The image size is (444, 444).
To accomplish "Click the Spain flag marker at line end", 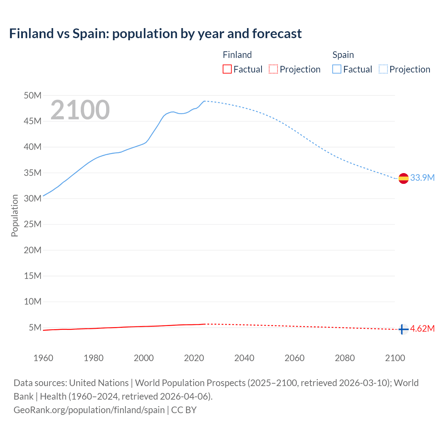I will tap(403, 178).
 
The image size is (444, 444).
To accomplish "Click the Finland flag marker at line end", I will tap(403, 329).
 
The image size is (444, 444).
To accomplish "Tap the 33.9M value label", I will tap(422, 178).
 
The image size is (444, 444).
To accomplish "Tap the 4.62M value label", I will tap(422, 328).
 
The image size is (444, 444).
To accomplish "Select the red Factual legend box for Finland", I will tap(227, 69).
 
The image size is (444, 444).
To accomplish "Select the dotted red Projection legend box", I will tap(273, 69).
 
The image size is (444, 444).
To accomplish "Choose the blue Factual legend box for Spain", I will tap(337, 69).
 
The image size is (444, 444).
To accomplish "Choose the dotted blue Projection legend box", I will tap(383, 69).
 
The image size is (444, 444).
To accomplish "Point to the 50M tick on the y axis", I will tap(33, 95).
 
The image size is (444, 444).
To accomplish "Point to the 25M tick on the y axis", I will tap(33, 224).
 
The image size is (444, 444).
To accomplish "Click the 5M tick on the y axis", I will tap(35, 327).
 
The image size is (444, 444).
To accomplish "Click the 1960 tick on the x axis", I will tap(43, 358).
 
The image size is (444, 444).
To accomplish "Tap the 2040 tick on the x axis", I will tap(244, 358).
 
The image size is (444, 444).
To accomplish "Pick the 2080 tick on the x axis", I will tap(345, 358).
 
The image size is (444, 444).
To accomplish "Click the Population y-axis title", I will tap(15, 215).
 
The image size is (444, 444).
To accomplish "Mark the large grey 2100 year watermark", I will tap(80, 110).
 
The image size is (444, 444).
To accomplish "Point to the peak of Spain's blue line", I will tap(204, 101).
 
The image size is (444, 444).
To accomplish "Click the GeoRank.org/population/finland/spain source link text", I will tap(89, 410).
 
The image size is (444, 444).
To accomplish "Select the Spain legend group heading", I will tap(343, 55).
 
